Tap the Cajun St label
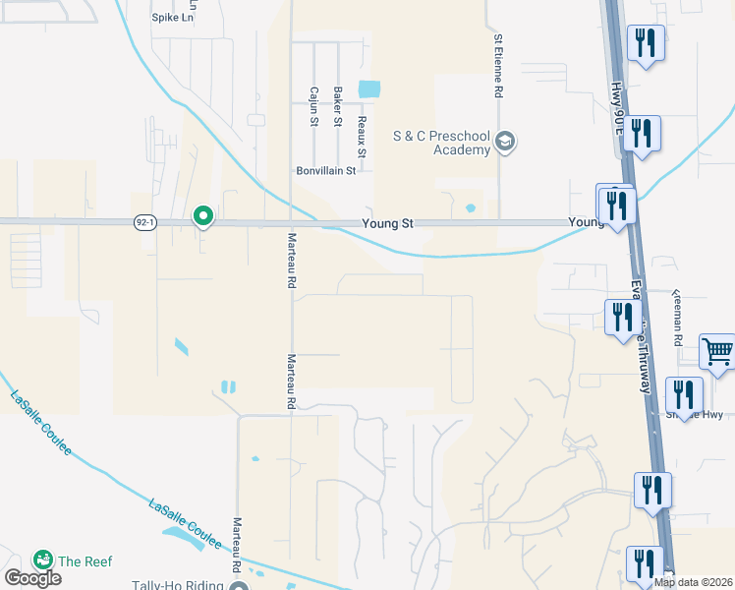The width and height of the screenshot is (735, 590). pos(314,106)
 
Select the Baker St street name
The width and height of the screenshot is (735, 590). pos(338,106)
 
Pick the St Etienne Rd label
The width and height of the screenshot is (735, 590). pos(499,65)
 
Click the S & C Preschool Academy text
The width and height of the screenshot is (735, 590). pos(441,143)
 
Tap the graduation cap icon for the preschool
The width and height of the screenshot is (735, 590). pos(506,143)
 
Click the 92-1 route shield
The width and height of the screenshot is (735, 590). pos(144,223)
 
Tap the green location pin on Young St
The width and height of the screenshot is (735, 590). pos(203,215)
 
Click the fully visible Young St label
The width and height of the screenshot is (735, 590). pos(386,224)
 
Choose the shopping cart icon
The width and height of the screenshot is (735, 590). pos(717,352)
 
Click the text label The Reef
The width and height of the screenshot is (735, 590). pos(85,561)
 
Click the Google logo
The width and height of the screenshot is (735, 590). pos(31,577)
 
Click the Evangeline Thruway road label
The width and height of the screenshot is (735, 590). pos(641,334)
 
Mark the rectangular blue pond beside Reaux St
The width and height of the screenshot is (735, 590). pos(369,88)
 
